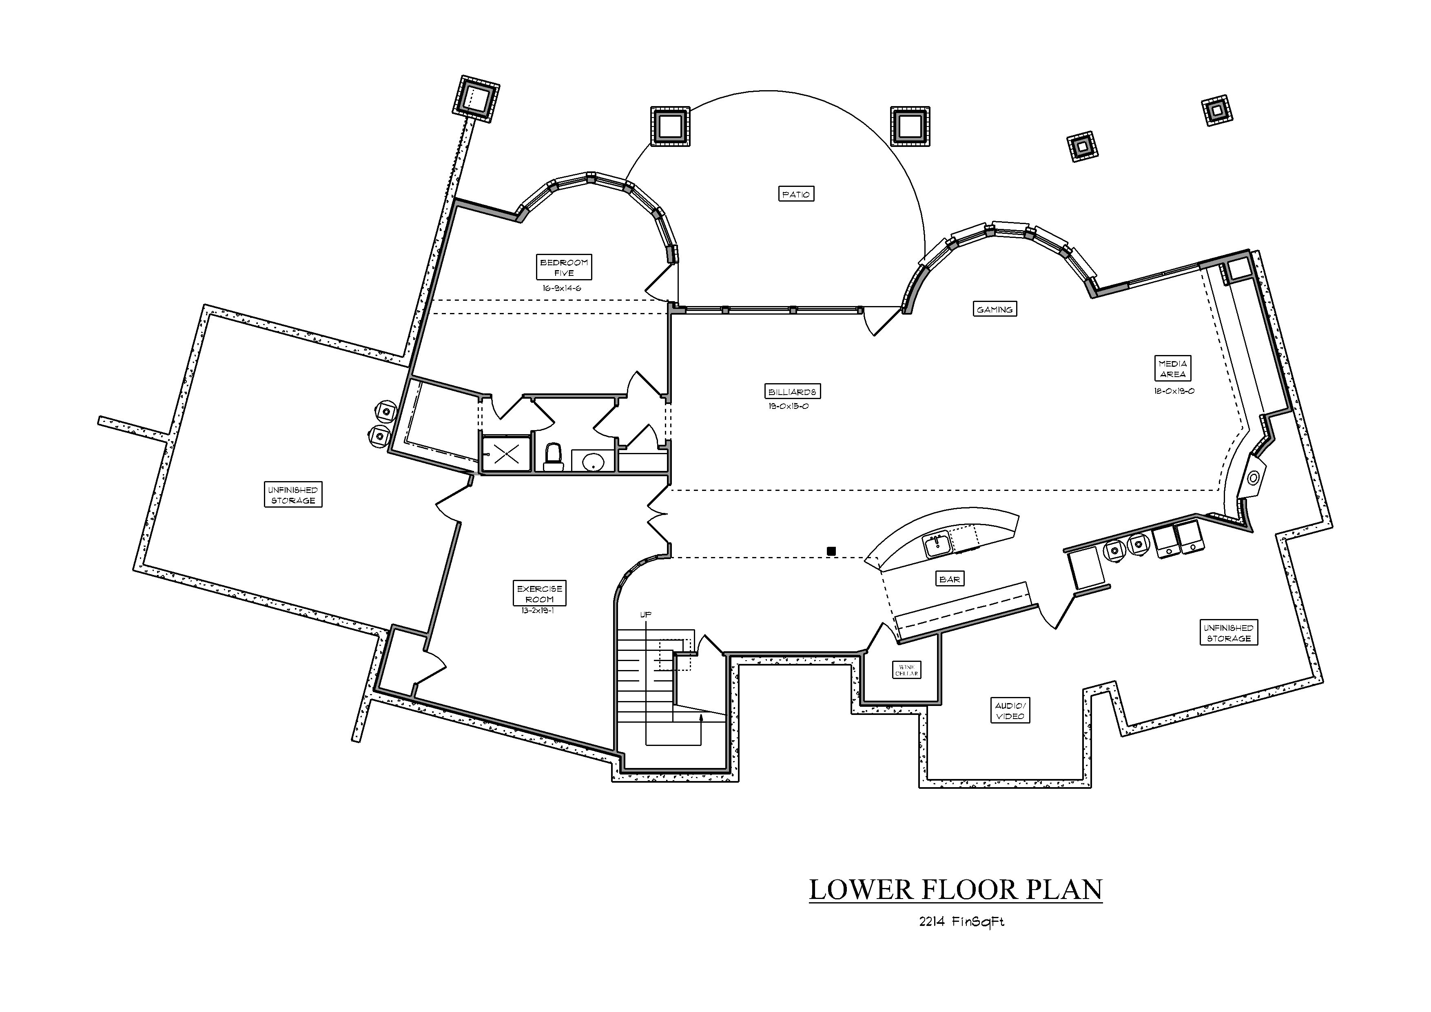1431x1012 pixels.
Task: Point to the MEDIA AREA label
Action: (1172, 368)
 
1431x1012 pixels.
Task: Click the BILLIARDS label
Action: (792, 392)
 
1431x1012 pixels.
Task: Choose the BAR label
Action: (949, 579)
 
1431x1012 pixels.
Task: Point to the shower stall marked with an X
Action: (507, 453)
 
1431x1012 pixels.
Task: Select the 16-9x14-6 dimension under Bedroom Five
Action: (562, 289)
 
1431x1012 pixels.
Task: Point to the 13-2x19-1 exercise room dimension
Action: (538, 611)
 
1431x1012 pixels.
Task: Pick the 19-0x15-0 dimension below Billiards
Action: (789, 406)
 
